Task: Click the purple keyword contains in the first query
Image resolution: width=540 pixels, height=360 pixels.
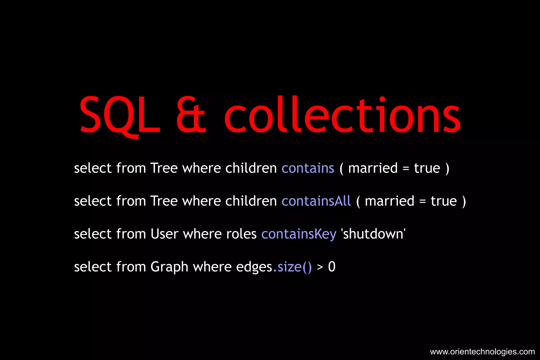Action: pyautogui.click(x=308, y=168)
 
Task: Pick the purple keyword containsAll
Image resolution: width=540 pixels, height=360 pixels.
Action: pyautogui.click(x=316, y=201)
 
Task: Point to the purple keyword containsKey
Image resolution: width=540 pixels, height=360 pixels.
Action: pyautogui.click(x=299, y=234)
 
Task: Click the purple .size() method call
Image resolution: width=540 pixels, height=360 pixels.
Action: pyautogui.click(x=292, y=267)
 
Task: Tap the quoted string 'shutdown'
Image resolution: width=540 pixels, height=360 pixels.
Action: pyautogui.click(x=373, y=234)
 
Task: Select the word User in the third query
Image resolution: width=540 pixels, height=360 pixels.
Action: pyautogui.click(x=164, y=234)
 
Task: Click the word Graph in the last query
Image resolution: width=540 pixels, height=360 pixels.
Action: pyautogui.click(x=169, y=267)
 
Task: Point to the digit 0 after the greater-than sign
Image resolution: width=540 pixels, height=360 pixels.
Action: pyautogui.click(x=332, y=267)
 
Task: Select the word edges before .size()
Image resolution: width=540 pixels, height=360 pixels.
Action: pyautogui.click(x=254, y=267)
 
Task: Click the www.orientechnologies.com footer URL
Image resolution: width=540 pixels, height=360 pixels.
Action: pyautogui.click(x=482, y=352)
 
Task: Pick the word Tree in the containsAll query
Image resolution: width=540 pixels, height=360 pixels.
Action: pyautogui.click(x=164, y=201)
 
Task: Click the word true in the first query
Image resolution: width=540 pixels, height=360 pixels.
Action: pyautogui.click(x=427, y=168)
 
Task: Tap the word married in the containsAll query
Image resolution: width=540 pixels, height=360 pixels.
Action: pyautogui.click(x=389, y=201)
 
